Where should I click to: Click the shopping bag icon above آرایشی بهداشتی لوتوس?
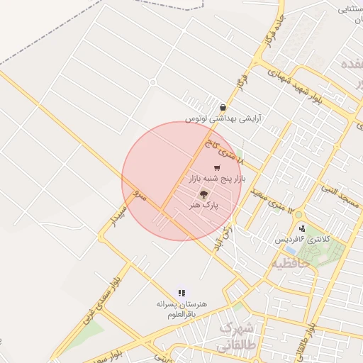pyautogui.click(x=223, y=108)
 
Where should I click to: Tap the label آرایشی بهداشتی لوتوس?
pyautogui.click(x=223, y=120)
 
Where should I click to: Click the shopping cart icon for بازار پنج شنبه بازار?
pyautogui.click(x=217, y=167)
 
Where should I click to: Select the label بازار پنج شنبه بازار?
pyautogui.click(x=217, y=180)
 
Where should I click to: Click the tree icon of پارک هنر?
pyautogui.click(x=203, y=194)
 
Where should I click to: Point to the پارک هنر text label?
pyautogui.click(x=203, y=204)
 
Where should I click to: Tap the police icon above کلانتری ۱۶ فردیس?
pyautogui.click(x=303, y=228)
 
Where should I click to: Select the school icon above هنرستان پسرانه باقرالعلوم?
pyautogui.click(x=182, y=292)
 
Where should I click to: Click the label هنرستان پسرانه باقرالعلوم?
pyautogui.click(x=182, y=308)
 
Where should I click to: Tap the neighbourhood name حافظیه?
pyautogui.click(x=291, y=263)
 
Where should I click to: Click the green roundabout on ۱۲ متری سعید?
pyautogui.click(x=298, y=215)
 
